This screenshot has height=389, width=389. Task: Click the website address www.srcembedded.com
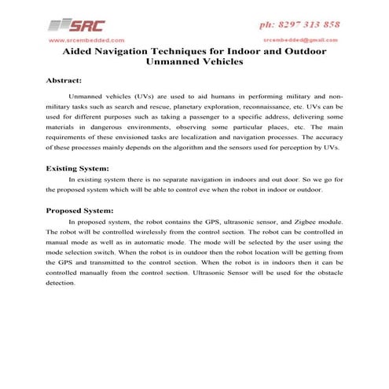86,39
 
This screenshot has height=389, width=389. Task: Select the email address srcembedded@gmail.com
301,39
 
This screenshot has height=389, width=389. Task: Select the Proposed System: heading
79,211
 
